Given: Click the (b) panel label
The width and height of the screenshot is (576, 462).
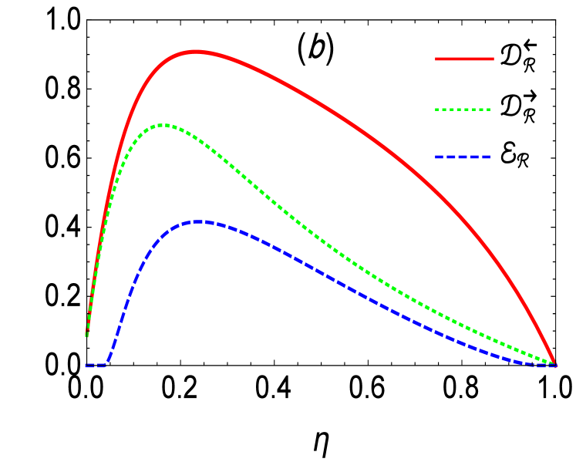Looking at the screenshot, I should pyautogui.click(x=316, y=49).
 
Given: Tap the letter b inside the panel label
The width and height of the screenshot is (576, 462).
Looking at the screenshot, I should pyautogui.click(x=316, y=49).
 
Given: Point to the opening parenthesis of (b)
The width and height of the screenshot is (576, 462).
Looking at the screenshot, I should pyautogui.click(x=302, y=49).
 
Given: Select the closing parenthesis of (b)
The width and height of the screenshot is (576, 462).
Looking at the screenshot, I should pyautogui.click(x=330, y=49).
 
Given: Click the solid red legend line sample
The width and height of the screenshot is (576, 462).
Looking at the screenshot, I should pyautogui.click(x=464, y=59).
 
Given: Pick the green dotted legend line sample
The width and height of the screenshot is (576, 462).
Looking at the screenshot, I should pyautogui.click(x=463, y=110).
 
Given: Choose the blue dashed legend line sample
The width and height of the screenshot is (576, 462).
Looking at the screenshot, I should pyautogui.click(x=463, y=157).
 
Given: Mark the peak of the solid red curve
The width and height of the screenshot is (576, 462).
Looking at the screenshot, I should pyautogui.click(x=196, y=52).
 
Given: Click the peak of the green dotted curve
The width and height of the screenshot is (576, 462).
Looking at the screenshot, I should pyautogui.click(x=163, y=125).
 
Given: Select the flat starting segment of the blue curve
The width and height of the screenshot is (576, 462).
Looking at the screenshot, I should pyautogui.click(x=95, y=366).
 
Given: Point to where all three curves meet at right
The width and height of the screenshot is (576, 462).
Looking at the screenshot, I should pyautogui.click(x=554, y=364).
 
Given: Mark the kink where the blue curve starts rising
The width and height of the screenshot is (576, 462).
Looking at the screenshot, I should pyautogui.click(x=106, y=364).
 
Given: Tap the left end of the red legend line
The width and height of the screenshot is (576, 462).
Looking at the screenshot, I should pyautogui.click(x=436, y=59).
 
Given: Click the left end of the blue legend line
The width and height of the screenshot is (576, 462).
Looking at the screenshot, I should pyautogui.click(x=436, y=157).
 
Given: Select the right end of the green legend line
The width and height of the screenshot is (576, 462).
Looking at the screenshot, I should pyautogui.click(x=490, y=110).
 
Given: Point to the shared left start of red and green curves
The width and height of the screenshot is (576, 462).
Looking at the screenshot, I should pyautogui.click(x=87, y=335).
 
